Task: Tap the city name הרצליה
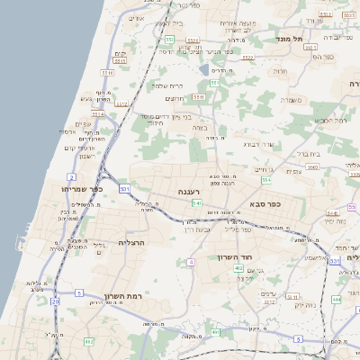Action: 131,242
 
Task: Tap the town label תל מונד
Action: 293,39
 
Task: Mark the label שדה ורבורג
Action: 257,142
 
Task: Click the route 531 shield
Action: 124,188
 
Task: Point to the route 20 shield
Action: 55,301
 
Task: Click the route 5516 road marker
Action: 107,72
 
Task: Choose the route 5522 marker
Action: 192,40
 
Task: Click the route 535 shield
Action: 334,261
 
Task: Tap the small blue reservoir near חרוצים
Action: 204,70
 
